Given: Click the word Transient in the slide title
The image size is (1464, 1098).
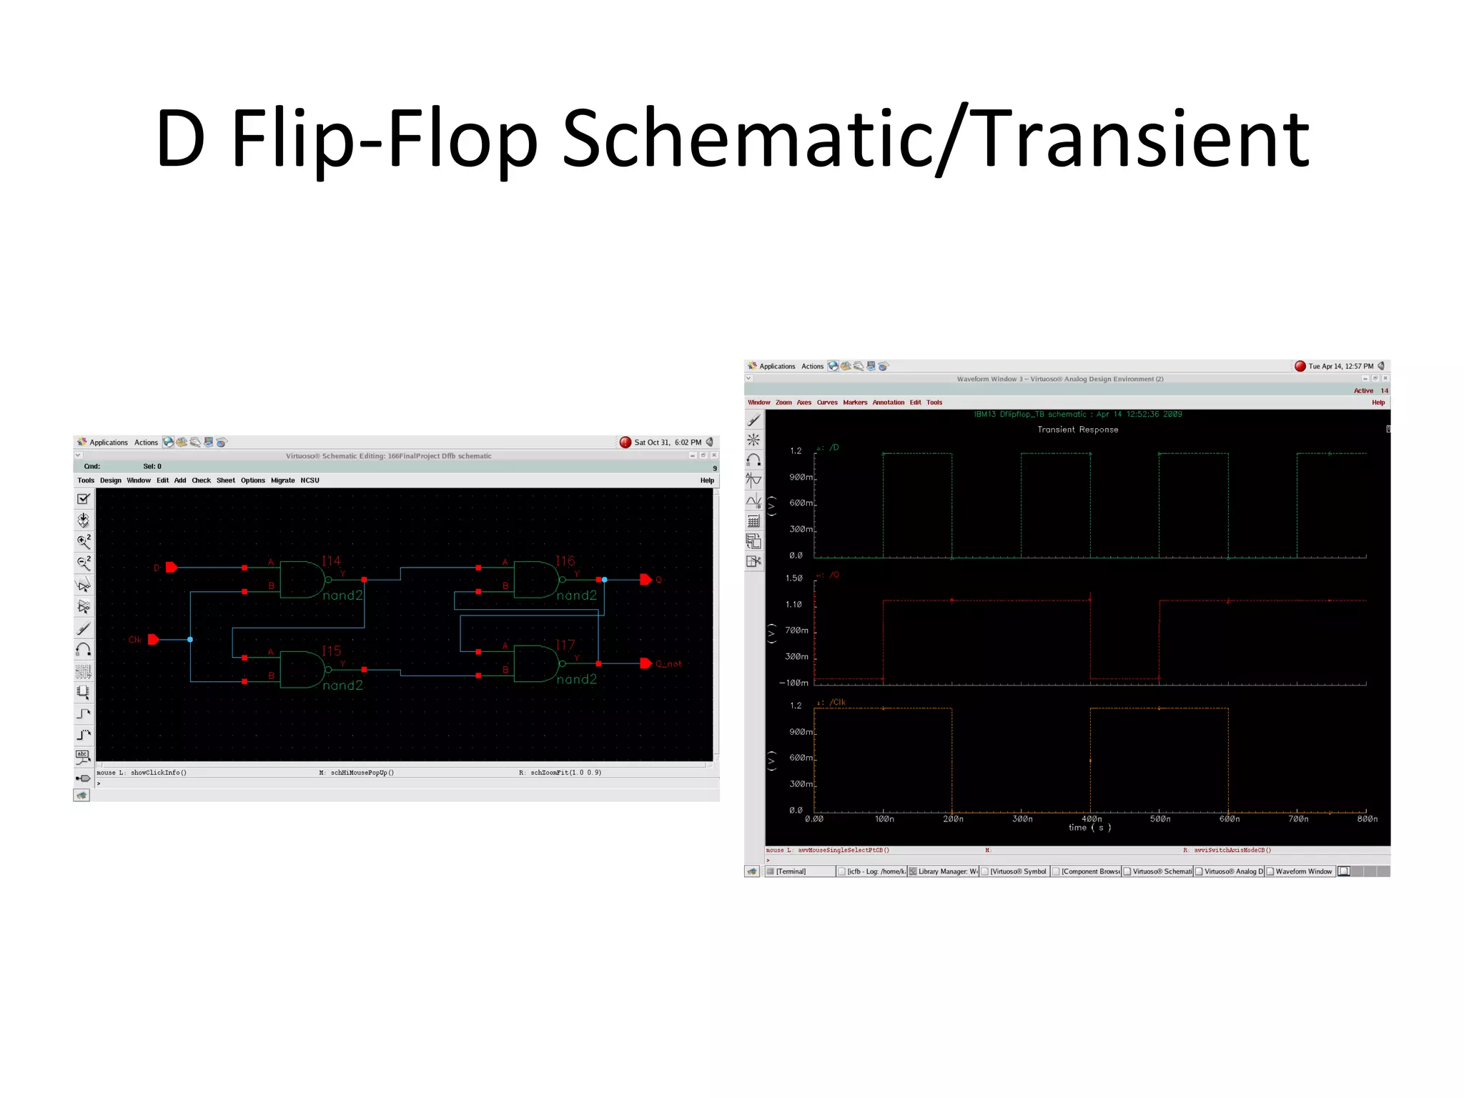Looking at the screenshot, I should (1142, 139).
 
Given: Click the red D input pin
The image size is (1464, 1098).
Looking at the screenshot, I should (172, 568).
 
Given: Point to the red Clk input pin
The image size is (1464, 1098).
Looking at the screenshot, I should (153, 640).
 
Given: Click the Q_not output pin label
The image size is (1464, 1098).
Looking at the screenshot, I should (668, 664).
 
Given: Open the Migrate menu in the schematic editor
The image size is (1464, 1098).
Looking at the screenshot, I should (282, 480).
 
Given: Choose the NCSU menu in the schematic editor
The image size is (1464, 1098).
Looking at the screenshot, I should (310, 480).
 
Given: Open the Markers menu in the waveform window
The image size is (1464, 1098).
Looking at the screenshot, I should (854, 402).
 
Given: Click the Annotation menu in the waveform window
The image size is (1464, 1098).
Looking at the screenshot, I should (888, 402).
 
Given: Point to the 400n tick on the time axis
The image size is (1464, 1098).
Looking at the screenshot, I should (1091, 819).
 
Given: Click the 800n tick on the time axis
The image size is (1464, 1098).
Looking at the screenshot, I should (1367, 819).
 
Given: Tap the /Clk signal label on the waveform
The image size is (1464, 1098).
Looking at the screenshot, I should (837, 703).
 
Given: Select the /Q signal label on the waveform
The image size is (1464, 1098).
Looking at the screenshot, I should (834, 575).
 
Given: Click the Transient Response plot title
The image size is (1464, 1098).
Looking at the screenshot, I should (1077, 430).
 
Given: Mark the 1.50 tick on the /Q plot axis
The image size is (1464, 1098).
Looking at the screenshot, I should (794, 578).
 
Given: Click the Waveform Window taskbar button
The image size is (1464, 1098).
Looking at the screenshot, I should (1303, 871).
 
